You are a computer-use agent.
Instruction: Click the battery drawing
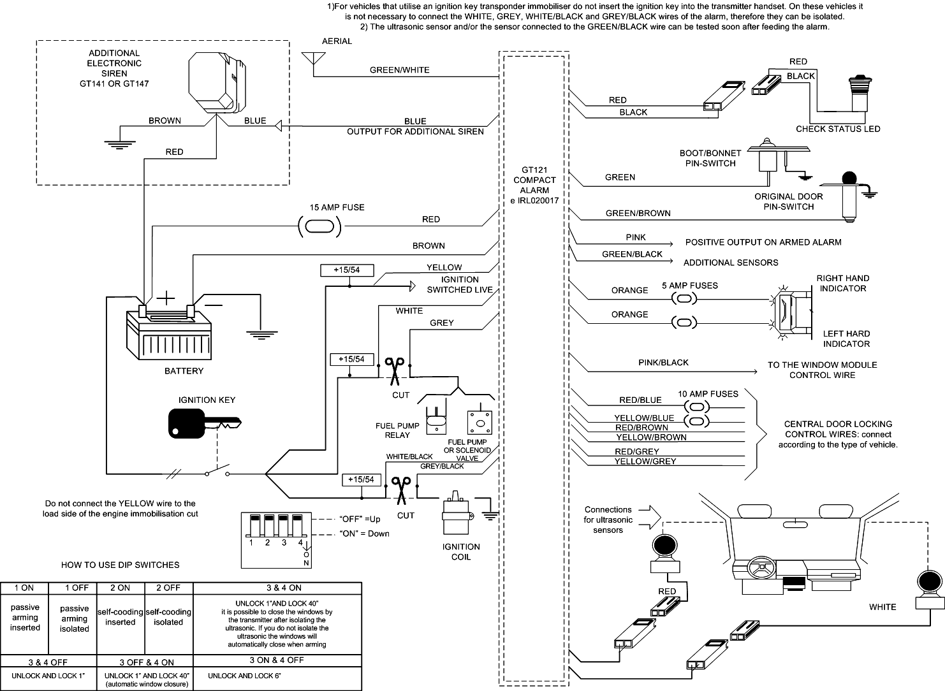coord(168,335)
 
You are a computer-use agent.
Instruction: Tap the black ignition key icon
coord(204,423)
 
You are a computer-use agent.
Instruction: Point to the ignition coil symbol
coord(457,514)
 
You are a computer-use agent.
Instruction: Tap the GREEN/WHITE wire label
coord(400,70)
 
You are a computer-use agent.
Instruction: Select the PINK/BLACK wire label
coord(663,363)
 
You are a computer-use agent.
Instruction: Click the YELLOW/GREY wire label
coord(645,461)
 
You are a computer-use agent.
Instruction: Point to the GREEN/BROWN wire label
coord(638,214)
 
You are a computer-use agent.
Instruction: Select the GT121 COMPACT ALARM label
coord(534,185)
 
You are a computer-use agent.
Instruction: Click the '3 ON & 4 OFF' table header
coord(277,660)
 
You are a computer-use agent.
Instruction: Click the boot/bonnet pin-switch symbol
coord(769,156)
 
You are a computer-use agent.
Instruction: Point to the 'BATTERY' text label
coord(184,371)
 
